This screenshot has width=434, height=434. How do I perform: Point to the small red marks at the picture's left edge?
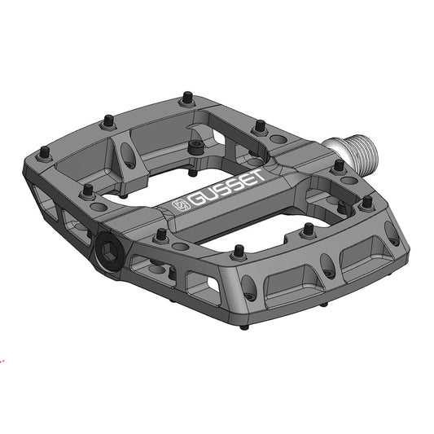click(2, 356)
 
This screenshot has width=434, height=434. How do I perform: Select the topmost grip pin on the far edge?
click(186, 98)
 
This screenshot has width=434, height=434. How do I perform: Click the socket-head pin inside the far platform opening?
click(195, 147)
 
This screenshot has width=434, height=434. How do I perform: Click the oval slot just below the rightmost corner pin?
click(393, 232)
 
